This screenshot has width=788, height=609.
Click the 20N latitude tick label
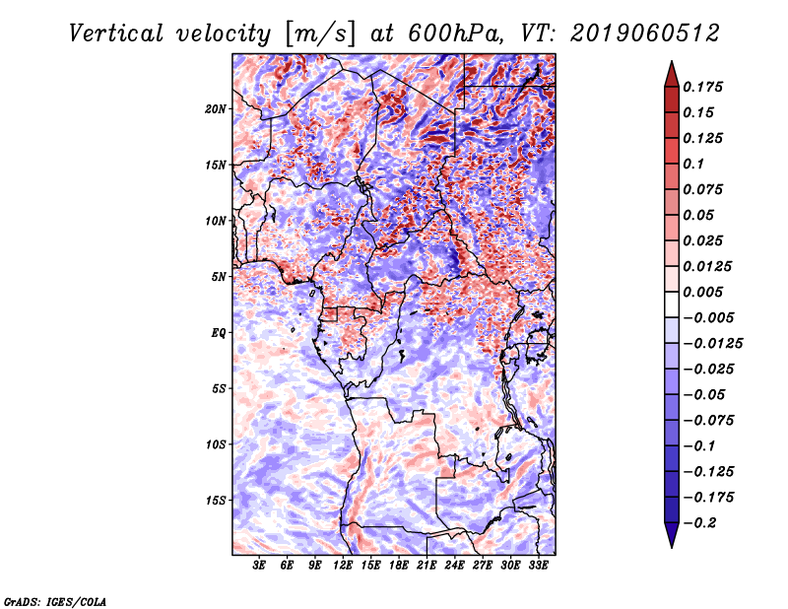[216, 109]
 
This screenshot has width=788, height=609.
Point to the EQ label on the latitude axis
[218, 333]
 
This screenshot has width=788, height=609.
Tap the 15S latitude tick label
[216, 501]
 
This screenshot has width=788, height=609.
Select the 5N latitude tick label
[219, 277]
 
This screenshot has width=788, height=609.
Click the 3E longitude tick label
[259, 566]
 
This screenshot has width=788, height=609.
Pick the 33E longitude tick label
[538, 566]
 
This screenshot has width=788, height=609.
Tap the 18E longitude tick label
[399, 566]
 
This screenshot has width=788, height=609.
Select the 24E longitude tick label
[454, 566]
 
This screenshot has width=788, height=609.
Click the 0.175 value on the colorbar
[703, 87]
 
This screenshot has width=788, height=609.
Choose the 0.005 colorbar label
[703, 292]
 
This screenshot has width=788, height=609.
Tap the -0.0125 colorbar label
[713, 344]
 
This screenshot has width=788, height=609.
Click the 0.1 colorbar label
[693, 164]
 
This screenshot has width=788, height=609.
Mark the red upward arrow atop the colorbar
[672, 74]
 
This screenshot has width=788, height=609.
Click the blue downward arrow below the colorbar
[672, 535]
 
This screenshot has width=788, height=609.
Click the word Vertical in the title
[116, 34]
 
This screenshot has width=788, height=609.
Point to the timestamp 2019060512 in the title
[645, 34]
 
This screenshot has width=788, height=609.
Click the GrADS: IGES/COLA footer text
[55, 601]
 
